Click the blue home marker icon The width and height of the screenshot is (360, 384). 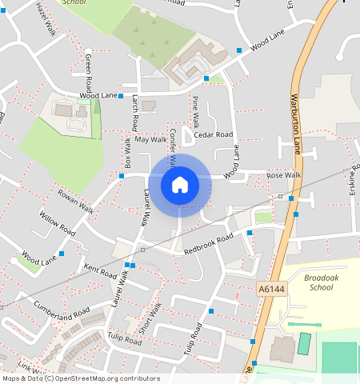180,185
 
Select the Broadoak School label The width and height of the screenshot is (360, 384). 320,282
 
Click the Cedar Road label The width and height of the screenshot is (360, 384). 212,135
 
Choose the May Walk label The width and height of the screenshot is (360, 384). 150,139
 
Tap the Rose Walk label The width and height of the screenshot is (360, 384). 283,175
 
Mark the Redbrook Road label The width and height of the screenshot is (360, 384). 208,244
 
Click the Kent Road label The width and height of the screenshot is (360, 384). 101,273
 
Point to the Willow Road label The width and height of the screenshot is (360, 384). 57,223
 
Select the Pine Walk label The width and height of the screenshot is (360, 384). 195,112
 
